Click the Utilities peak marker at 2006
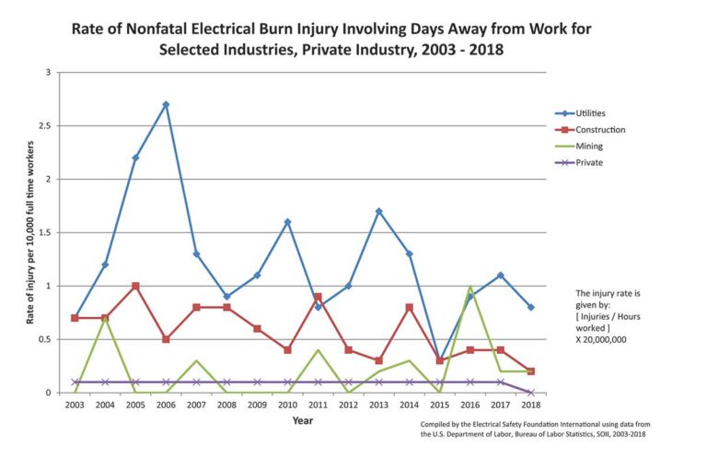[x=166, y=104]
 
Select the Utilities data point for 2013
[x=378, y=211]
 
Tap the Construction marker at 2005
[x=135, y=286]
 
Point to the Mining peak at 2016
[x=470, y=287]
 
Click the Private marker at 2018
[x=531, y=393]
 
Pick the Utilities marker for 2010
[x=287, y=221]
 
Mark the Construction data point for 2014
[x=409, y=307]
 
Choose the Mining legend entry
[x=589, y=146]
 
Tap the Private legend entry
[x=589, y=162]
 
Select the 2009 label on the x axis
[x=257, y=405]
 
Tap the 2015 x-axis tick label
[x=440, y=405]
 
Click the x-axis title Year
[x=303, y=421]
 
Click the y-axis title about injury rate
[x=29, y=232]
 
